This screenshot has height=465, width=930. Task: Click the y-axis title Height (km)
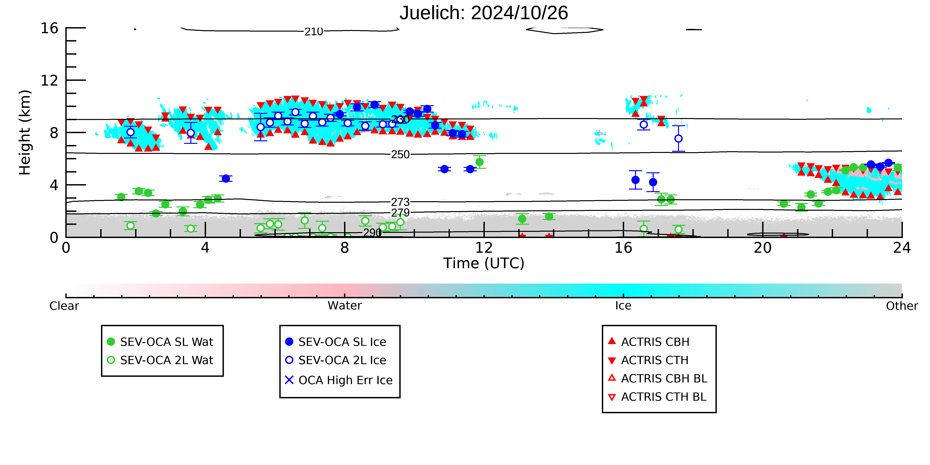pos(25,133)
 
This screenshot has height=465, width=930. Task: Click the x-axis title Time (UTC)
pos(484,263)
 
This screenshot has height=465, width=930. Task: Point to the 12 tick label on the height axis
pos(49,80)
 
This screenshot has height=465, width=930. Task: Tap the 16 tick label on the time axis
pos(624,248)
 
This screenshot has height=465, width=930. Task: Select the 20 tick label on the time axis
pos(763,248)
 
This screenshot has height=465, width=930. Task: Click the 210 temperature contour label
pos(314,32)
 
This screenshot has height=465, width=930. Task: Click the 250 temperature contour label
pos(400,154)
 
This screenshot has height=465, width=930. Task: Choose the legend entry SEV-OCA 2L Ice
pos(336,360)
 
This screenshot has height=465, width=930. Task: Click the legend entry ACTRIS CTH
pos(648,360)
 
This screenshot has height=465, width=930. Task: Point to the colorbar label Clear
pos(64,306)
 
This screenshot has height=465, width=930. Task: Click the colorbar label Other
pos(902,306)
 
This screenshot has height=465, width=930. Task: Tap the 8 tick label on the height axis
pos(54,133)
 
